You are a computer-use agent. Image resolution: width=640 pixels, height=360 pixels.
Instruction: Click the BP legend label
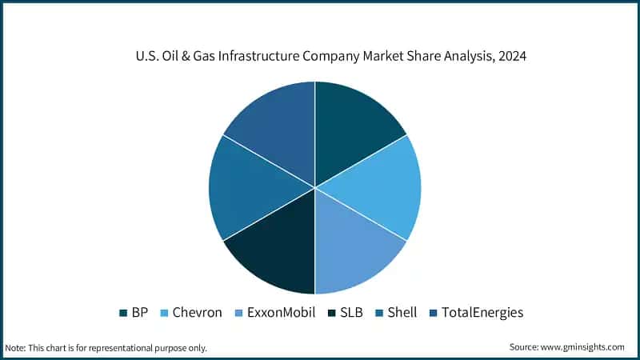point(139,312)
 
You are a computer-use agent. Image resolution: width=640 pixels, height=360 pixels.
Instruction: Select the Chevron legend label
point(197,312)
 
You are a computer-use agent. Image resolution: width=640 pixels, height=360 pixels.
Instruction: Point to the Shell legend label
point(402,312)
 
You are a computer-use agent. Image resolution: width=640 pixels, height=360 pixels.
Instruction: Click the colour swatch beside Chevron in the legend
point(165,313)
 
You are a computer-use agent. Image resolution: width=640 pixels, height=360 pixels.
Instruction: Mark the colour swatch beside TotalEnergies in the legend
point(434,313)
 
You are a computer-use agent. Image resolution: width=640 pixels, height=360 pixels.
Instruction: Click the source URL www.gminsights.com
point(583,347)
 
